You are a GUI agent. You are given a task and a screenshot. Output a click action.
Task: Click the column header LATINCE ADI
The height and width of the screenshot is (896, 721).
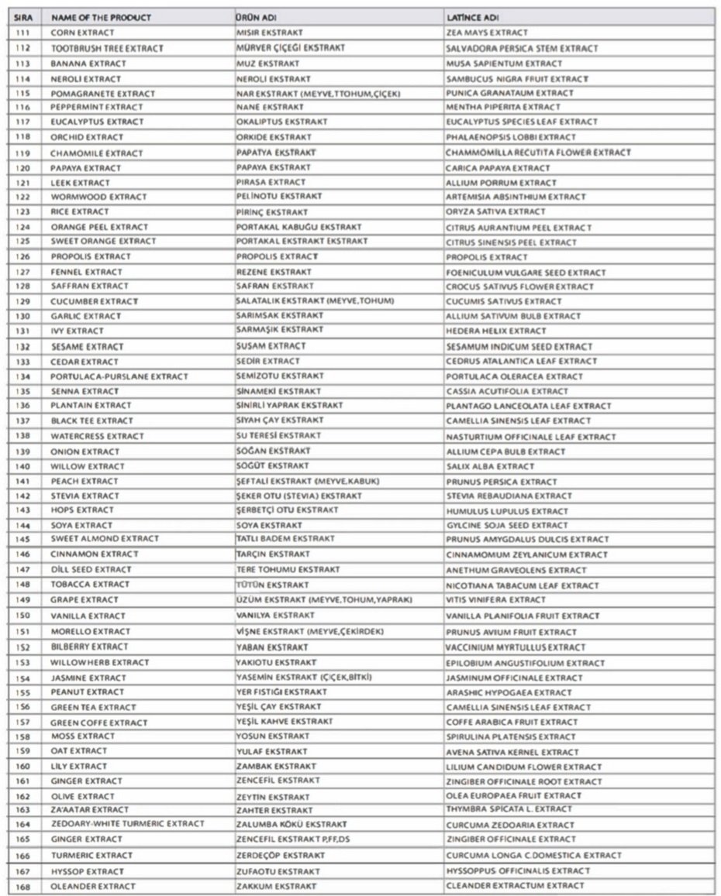point(472,17)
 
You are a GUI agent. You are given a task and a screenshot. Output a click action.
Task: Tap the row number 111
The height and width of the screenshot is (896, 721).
point(22,33)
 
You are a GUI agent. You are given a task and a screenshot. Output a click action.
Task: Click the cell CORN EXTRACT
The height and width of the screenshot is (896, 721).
point(82,33)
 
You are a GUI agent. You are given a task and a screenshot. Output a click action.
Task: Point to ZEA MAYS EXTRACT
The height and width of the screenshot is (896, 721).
point(487,33)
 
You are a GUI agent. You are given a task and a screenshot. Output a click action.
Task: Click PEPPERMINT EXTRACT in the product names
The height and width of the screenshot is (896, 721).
point(97,107)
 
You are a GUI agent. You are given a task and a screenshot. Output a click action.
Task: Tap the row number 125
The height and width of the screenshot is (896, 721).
point(22,242)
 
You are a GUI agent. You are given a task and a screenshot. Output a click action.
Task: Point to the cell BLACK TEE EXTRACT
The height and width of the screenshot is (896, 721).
point(92,421)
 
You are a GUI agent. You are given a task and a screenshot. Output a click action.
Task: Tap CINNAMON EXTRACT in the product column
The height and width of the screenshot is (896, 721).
point(95,554)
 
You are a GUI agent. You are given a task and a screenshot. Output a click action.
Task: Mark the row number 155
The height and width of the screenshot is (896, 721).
point(22,692)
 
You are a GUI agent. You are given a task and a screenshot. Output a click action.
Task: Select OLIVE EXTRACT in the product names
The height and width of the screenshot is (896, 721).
point(83,796)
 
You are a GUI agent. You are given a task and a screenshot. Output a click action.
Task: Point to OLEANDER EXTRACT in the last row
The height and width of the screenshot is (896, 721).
point(93,886)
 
